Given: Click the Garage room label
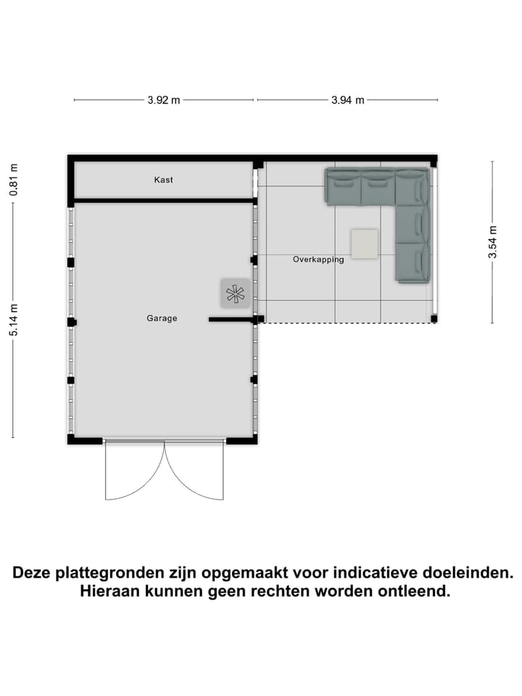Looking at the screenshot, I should pyautogui.click(x=162, y=318).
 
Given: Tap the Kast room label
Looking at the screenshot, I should pyautogui.click(x=164, y=180).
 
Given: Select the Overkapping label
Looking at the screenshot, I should pyautogui.click(x=318, y=260).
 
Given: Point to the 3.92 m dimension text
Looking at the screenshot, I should pyautogui.click(x=163, y=101).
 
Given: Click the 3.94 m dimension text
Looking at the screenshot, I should pyautogui.click(x=347, y=101).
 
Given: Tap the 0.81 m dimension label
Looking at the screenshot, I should pyautogui.click(x=13, y=180).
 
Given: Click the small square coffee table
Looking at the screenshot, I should pyautogui.click(x=364, y=244).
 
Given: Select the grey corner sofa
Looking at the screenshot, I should pyautogui.click(x=413, y=217).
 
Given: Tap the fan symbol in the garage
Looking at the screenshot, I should pyautogui.click(x=236, y=293).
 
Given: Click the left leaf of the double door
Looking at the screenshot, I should pyautogui.click(x=134, y=471).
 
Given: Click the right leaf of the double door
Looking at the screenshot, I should pyautogui.click(x=194, y=471).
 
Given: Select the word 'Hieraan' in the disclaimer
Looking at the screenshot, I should pyautogui.click(x=109, y=592).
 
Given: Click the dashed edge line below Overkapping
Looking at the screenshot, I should pyautogui.click(x=348, y=323).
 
